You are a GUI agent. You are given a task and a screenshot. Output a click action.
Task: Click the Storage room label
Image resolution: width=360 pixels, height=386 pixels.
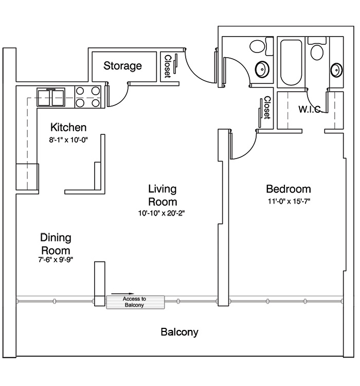(x=122, y=66)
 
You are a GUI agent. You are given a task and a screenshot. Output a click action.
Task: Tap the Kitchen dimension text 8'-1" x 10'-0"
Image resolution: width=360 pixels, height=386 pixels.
(x=68, y=140)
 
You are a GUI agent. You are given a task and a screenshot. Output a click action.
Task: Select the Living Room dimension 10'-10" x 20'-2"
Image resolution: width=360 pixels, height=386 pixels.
(x=161, y=213)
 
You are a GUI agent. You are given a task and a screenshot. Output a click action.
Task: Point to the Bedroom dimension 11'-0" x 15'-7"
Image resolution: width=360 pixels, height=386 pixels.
(x=289, y=201)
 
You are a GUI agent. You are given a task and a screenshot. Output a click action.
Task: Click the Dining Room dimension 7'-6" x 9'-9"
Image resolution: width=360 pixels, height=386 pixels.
(x=56, y=259)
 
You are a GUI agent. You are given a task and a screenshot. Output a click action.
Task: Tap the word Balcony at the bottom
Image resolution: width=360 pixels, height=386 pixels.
(x=179, y=332)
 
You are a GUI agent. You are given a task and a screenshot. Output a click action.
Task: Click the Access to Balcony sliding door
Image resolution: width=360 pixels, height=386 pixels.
(x=135, y=302)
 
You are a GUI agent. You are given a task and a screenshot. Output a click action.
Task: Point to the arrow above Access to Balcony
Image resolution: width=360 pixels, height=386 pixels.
(x=122, y=293)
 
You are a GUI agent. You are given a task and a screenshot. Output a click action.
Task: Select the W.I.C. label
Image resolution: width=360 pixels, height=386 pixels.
(x=310, y=109)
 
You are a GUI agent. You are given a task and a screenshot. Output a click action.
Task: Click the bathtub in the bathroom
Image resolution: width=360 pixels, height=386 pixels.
(x=292, y=62)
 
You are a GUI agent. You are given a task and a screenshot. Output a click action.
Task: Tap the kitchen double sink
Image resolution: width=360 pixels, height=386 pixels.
(x=51, y=97)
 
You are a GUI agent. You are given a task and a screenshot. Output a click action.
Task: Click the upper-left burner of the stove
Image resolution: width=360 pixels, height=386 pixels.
(x=80, y=91)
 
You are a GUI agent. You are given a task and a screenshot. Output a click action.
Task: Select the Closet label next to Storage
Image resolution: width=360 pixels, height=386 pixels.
(x=167, y=66)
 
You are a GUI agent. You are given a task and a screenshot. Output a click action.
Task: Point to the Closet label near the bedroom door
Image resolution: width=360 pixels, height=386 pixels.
(x=267, y=108)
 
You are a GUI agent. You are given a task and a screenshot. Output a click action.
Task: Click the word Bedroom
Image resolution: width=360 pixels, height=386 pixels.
(x=289, y=189)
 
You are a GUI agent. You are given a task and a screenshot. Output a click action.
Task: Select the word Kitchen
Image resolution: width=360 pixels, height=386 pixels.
(x=68, y=128)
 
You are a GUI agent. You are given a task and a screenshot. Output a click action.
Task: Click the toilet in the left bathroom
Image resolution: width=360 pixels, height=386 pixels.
(x=261, y=46)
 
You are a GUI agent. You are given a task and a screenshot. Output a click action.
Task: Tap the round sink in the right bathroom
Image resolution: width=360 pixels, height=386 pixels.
(x=336, y=69)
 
